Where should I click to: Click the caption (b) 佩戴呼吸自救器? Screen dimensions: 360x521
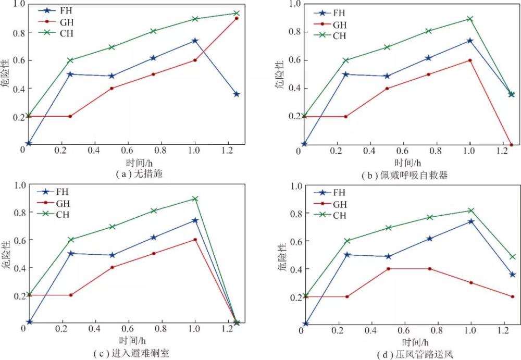click(x=404, y=176)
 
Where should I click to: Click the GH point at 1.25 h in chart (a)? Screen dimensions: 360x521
click(x=237, y=18)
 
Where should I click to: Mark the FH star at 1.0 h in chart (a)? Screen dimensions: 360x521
click(x=195, y=41)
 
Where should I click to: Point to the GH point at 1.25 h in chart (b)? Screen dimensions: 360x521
click(x=511, y=145)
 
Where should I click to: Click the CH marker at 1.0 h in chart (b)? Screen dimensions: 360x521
click(x=469, y=19)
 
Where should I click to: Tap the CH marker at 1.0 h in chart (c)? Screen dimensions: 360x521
click(x=195, y=198)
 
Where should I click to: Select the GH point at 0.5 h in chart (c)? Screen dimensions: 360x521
click(x=111, y=267)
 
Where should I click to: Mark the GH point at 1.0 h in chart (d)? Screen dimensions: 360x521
click(x=470, y=283)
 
